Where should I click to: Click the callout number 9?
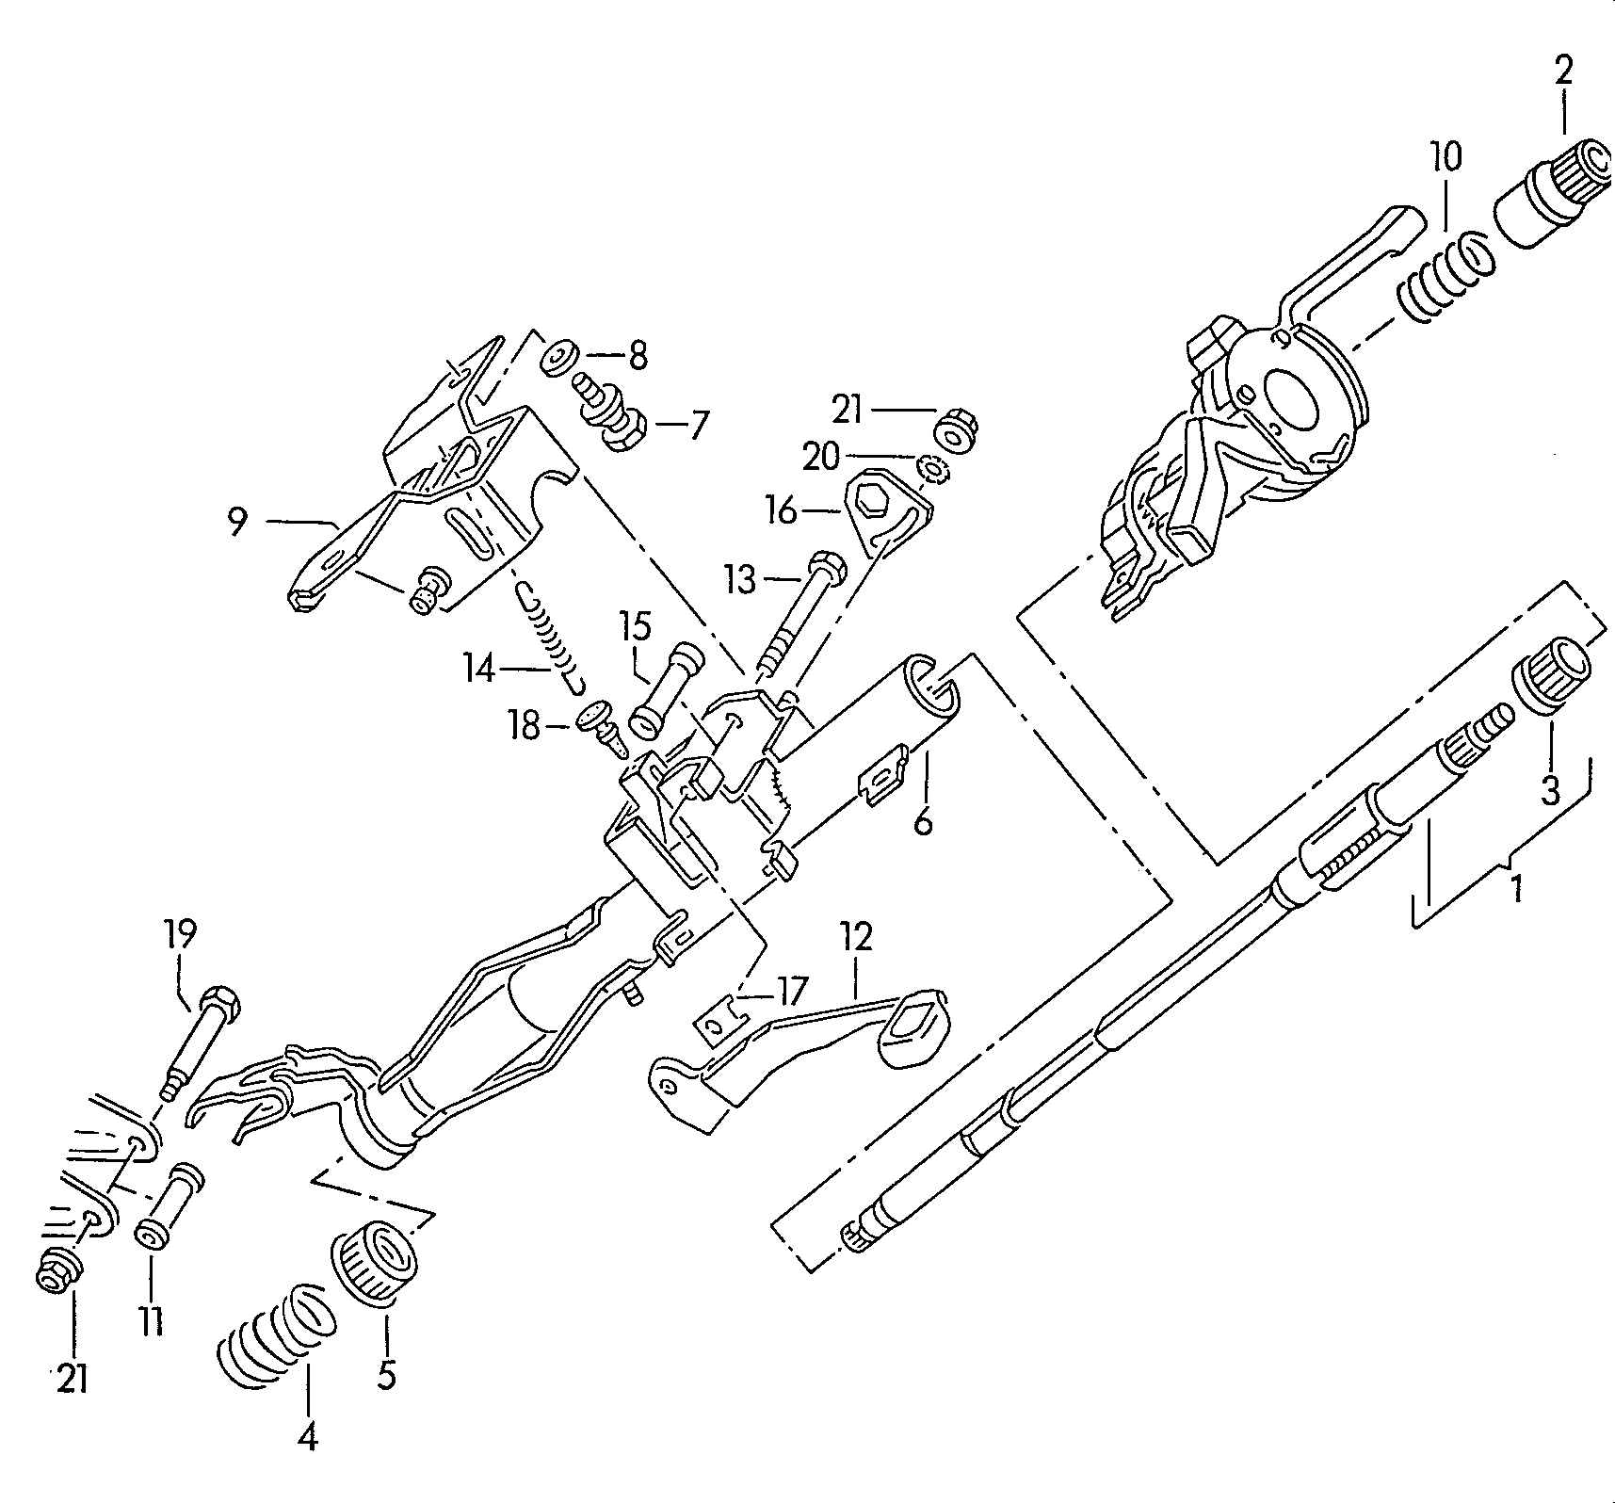tap(237, 521)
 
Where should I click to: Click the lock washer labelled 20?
tap(931, 468)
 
